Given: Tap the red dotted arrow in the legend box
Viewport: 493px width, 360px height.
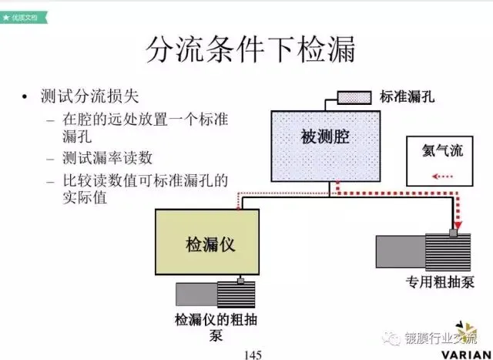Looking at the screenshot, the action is (x=444, y=177).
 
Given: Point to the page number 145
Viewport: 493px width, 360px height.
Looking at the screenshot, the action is (x=252, y=354).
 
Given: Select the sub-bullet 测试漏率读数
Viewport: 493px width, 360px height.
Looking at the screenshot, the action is (x=107, y=160).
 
